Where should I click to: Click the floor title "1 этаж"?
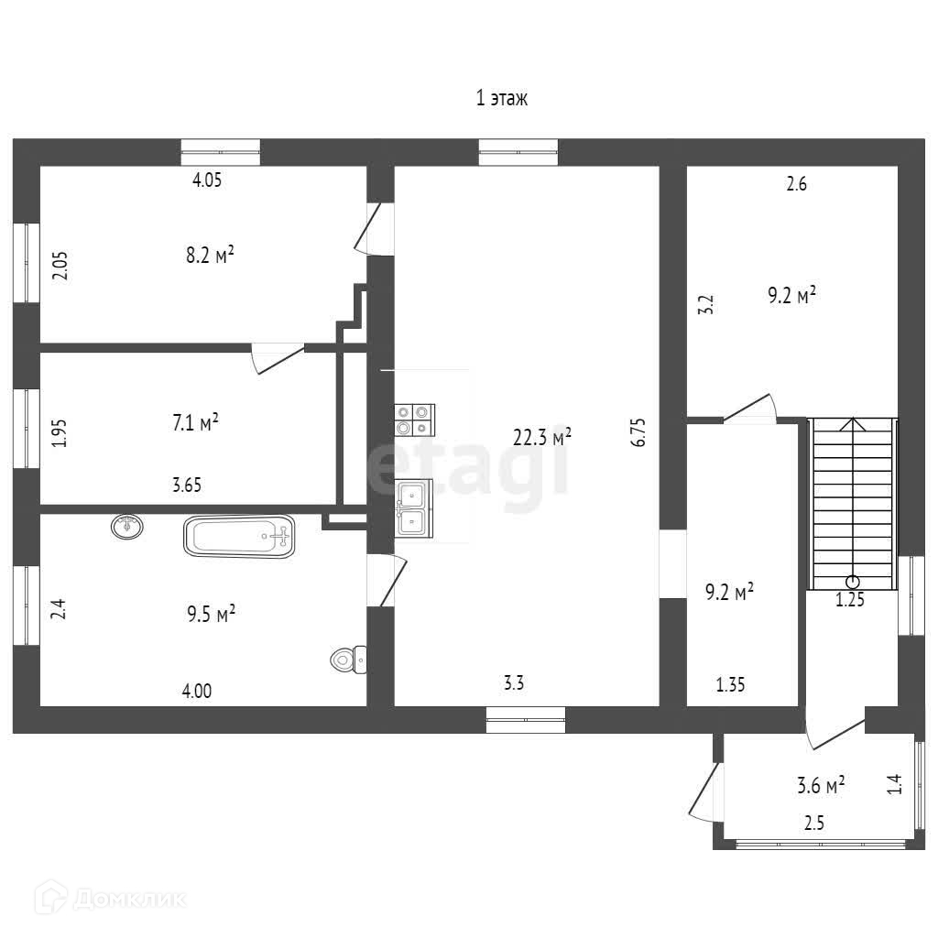coord(501,98)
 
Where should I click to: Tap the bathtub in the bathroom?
coord(239,536)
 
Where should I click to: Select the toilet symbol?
coord(349,659)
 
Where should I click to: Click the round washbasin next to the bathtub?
coord(127,526)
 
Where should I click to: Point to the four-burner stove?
coord(414,419)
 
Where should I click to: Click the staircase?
coord(853,503)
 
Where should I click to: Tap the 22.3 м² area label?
coord(542,437)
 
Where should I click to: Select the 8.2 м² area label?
coord(210,256)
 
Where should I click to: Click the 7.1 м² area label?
coord(195,423)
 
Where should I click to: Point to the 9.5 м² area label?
coord(212,614)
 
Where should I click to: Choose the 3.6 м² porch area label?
coord(820,785)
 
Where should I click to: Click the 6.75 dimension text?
coord(639,431)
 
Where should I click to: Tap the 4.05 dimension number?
coord(207,180)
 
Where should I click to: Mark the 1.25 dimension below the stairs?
coord(849,601)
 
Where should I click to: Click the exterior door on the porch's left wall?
coord(706,790)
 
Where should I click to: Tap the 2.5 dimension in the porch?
coord(814,823)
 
